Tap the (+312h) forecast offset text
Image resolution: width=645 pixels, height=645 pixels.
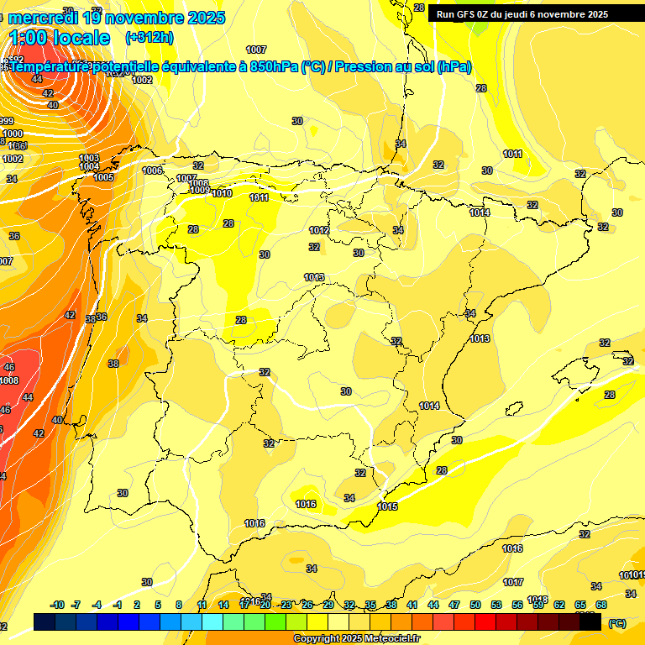tap(149, 37)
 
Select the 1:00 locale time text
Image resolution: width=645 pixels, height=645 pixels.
tap(60, 38)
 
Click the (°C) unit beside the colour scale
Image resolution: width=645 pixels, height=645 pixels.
tap(616, 623)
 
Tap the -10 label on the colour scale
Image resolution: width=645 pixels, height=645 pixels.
tap(57, 605)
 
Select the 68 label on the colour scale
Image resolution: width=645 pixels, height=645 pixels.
tap(601, 605)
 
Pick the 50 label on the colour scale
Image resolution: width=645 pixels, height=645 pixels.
tap(475, 605)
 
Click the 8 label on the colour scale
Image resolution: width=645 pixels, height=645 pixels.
tap(179, 605)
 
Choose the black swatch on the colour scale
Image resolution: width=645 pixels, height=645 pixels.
tap(590, 621)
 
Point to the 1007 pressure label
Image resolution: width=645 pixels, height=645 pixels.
tap(257, 50)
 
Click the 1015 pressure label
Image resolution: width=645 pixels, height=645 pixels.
tap(387, 506)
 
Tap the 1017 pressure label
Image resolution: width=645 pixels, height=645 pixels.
tap(513, 582)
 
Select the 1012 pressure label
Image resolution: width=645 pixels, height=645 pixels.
tap(319, 230)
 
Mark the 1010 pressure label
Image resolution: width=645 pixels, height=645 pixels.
tap(222, 194)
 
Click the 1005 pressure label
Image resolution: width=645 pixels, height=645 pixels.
tap(104, 177)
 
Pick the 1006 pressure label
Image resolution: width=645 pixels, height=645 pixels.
tap(153, 170)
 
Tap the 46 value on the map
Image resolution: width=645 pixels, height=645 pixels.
tap(9, 367)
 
